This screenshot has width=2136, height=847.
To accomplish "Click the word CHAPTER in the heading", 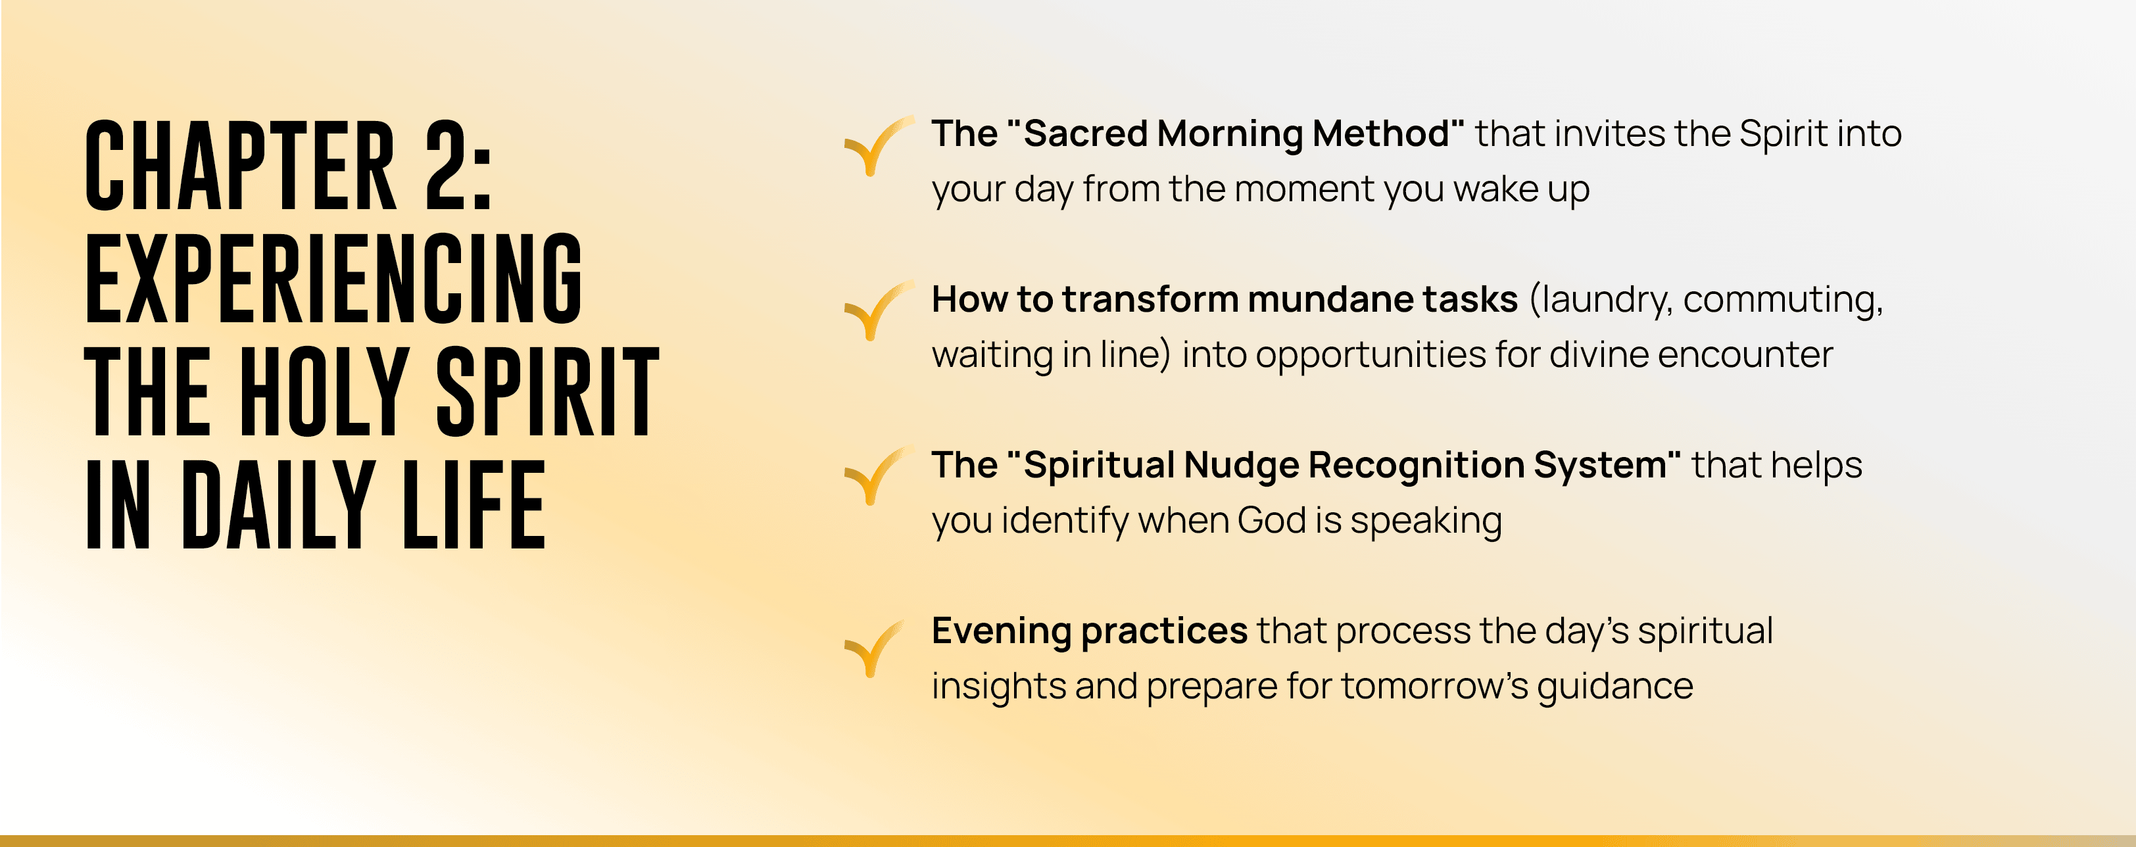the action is pyautogui.click(x=241, y=165).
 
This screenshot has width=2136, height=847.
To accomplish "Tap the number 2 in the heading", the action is pyautogui.click(x=449, y=165).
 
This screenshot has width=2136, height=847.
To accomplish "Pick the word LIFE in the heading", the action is pyautogui.click(x=473, y=506).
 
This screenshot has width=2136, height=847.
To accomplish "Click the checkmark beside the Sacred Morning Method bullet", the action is pyautogui.click(x=878, y=146).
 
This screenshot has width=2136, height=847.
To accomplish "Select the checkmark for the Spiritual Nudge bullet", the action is pyautogui.click(x=878, y=475).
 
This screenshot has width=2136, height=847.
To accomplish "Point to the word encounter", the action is pyautogui.click(x=1745, y=354).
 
